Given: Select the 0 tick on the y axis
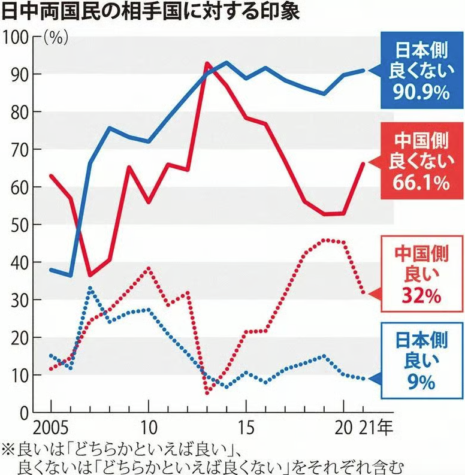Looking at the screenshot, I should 24,413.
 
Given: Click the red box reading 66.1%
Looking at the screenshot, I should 415,162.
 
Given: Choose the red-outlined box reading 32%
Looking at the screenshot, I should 415,276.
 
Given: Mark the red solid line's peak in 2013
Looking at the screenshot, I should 207,63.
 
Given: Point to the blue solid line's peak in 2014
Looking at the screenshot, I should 226,62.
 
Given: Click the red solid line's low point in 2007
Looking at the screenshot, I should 90,276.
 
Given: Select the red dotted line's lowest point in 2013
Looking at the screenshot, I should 207,393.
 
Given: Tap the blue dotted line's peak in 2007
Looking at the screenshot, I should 90,288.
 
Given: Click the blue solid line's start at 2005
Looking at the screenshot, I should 51,270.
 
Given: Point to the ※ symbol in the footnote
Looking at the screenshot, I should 7,448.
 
